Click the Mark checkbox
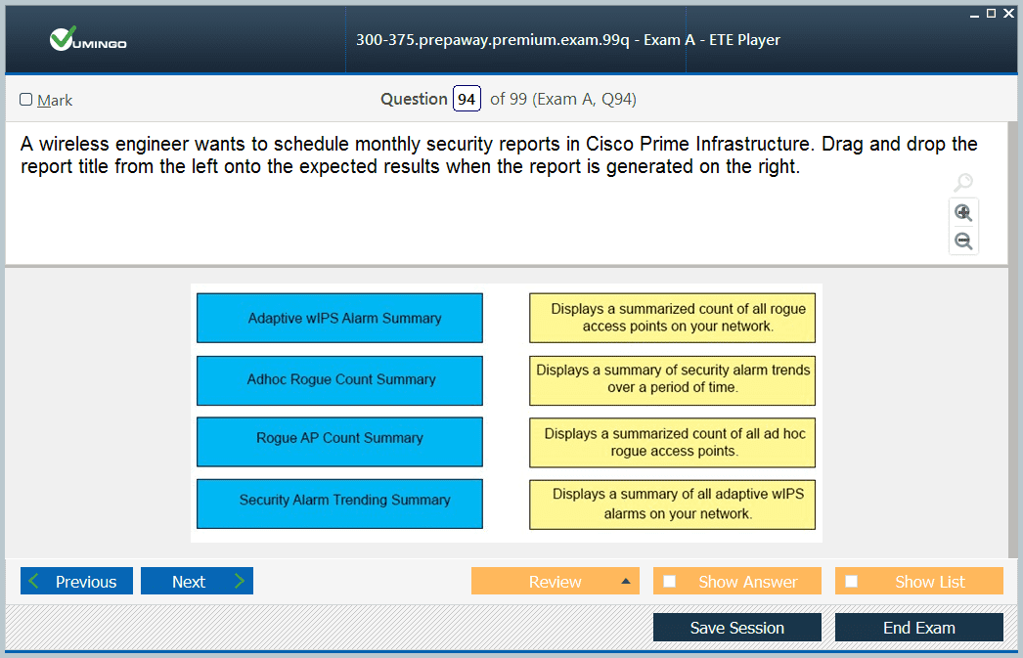tap(26, 99)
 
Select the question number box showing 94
tap(467, 99)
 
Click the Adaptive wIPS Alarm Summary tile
tap(340, 318)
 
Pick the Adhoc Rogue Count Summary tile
tap(340, 380)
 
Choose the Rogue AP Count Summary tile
tap(340, 442)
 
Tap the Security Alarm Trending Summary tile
tap(340, 504)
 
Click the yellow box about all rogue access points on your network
tap(672, 318)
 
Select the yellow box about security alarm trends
tap(672, 380)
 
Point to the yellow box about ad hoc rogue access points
tap(672, 443)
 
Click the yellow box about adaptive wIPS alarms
tap(672, 504)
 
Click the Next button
tap(197, 581)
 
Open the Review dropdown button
tap(556, 581)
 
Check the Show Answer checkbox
tap(669, 581)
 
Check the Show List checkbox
tap(852, 581)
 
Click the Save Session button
tap(737, 628)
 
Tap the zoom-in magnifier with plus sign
tap(963, 212)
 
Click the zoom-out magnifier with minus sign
tap(963, 241)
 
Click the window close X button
tap(1008, 13)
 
